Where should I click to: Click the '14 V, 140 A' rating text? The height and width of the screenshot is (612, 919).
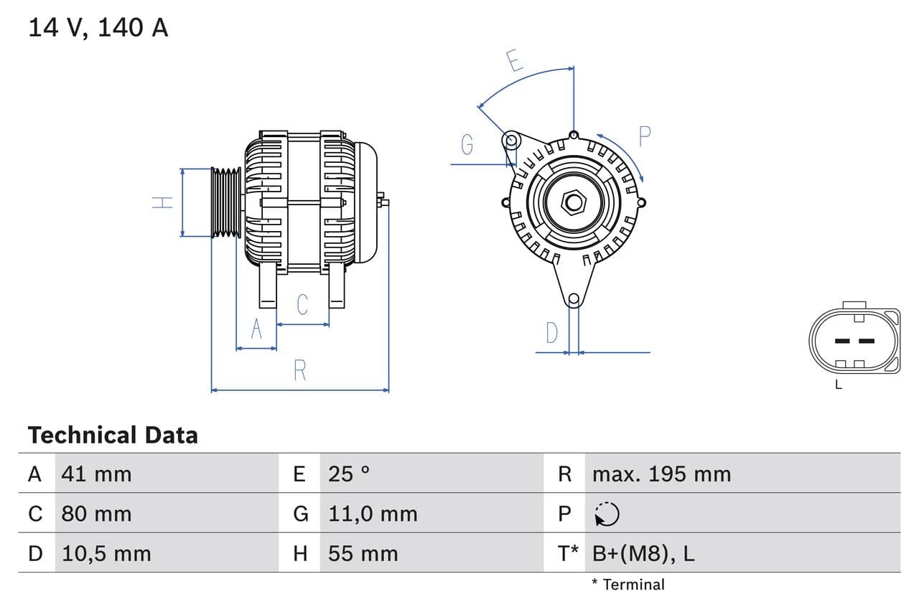[98, 28]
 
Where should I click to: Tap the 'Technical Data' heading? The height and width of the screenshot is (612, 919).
[113, 435]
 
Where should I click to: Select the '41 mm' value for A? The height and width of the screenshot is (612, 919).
[96, 474]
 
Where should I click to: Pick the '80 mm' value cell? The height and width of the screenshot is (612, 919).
[96, 514]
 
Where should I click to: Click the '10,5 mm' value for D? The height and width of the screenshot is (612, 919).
[106, 553]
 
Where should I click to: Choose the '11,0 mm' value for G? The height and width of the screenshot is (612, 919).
[372, 514]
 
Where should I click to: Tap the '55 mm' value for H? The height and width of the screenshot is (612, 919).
[363, 553]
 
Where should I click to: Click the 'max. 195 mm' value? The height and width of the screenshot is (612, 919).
[661, 474]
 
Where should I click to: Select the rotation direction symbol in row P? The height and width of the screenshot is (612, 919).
[607, 514]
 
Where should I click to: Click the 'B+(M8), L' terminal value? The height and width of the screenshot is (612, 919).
[643, 553]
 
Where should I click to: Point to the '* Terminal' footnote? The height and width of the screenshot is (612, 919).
[628, 585]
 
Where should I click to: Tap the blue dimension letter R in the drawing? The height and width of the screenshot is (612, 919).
[300, 371]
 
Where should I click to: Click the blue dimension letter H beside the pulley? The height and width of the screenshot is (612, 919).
[164, 202]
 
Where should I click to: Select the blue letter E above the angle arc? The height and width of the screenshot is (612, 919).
[513, 61]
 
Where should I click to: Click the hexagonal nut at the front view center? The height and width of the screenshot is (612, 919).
[573, 202]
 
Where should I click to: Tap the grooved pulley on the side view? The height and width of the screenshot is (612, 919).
[226, 202]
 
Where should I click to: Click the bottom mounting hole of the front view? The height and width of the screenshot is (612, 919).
[573, 299]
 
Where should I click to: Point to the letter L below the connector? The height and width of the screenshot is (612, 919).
[838, 385]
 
